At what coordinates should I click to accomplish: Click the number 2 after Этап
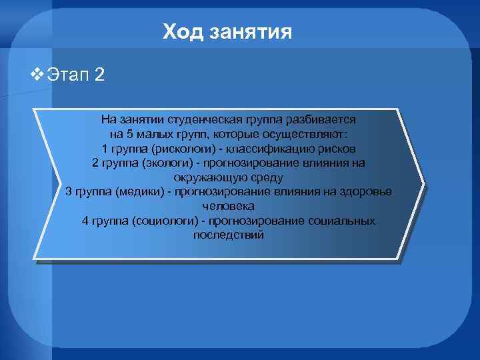point(99,74)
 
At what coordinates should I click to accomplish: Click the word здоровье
point(364,192)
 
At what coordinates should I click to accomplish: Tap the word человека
point(228,206)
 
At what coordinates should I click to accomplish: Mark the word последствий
point(228,235)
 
